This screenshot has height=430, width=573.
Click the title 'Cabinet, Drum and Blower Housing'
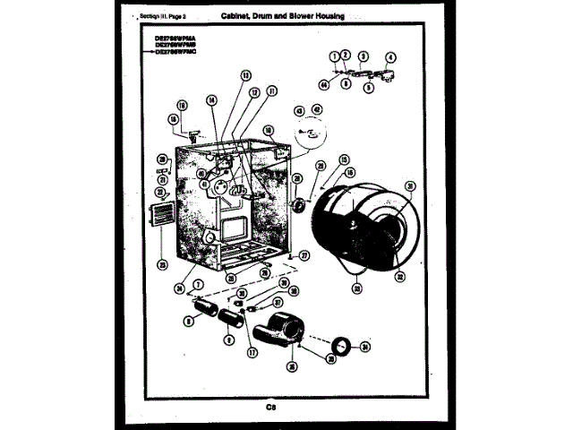[278, 17]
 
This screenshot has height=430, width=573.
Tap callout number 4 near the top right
[390, 56]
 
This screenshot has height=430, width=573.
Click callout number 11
[271, 91]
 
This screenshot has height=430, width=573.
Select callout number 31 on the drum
[410, 186]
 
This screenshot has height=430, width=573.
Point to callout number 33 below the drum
[357, 288]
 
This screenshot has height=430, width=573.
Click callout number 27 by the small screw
[304, 255]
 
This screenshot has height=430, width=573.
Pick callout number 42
[316, 109]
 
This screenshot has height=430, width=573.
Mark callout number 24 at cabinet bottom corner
[180, 288]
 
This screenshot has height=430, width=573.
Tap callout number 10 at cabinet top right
[268, 131]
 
